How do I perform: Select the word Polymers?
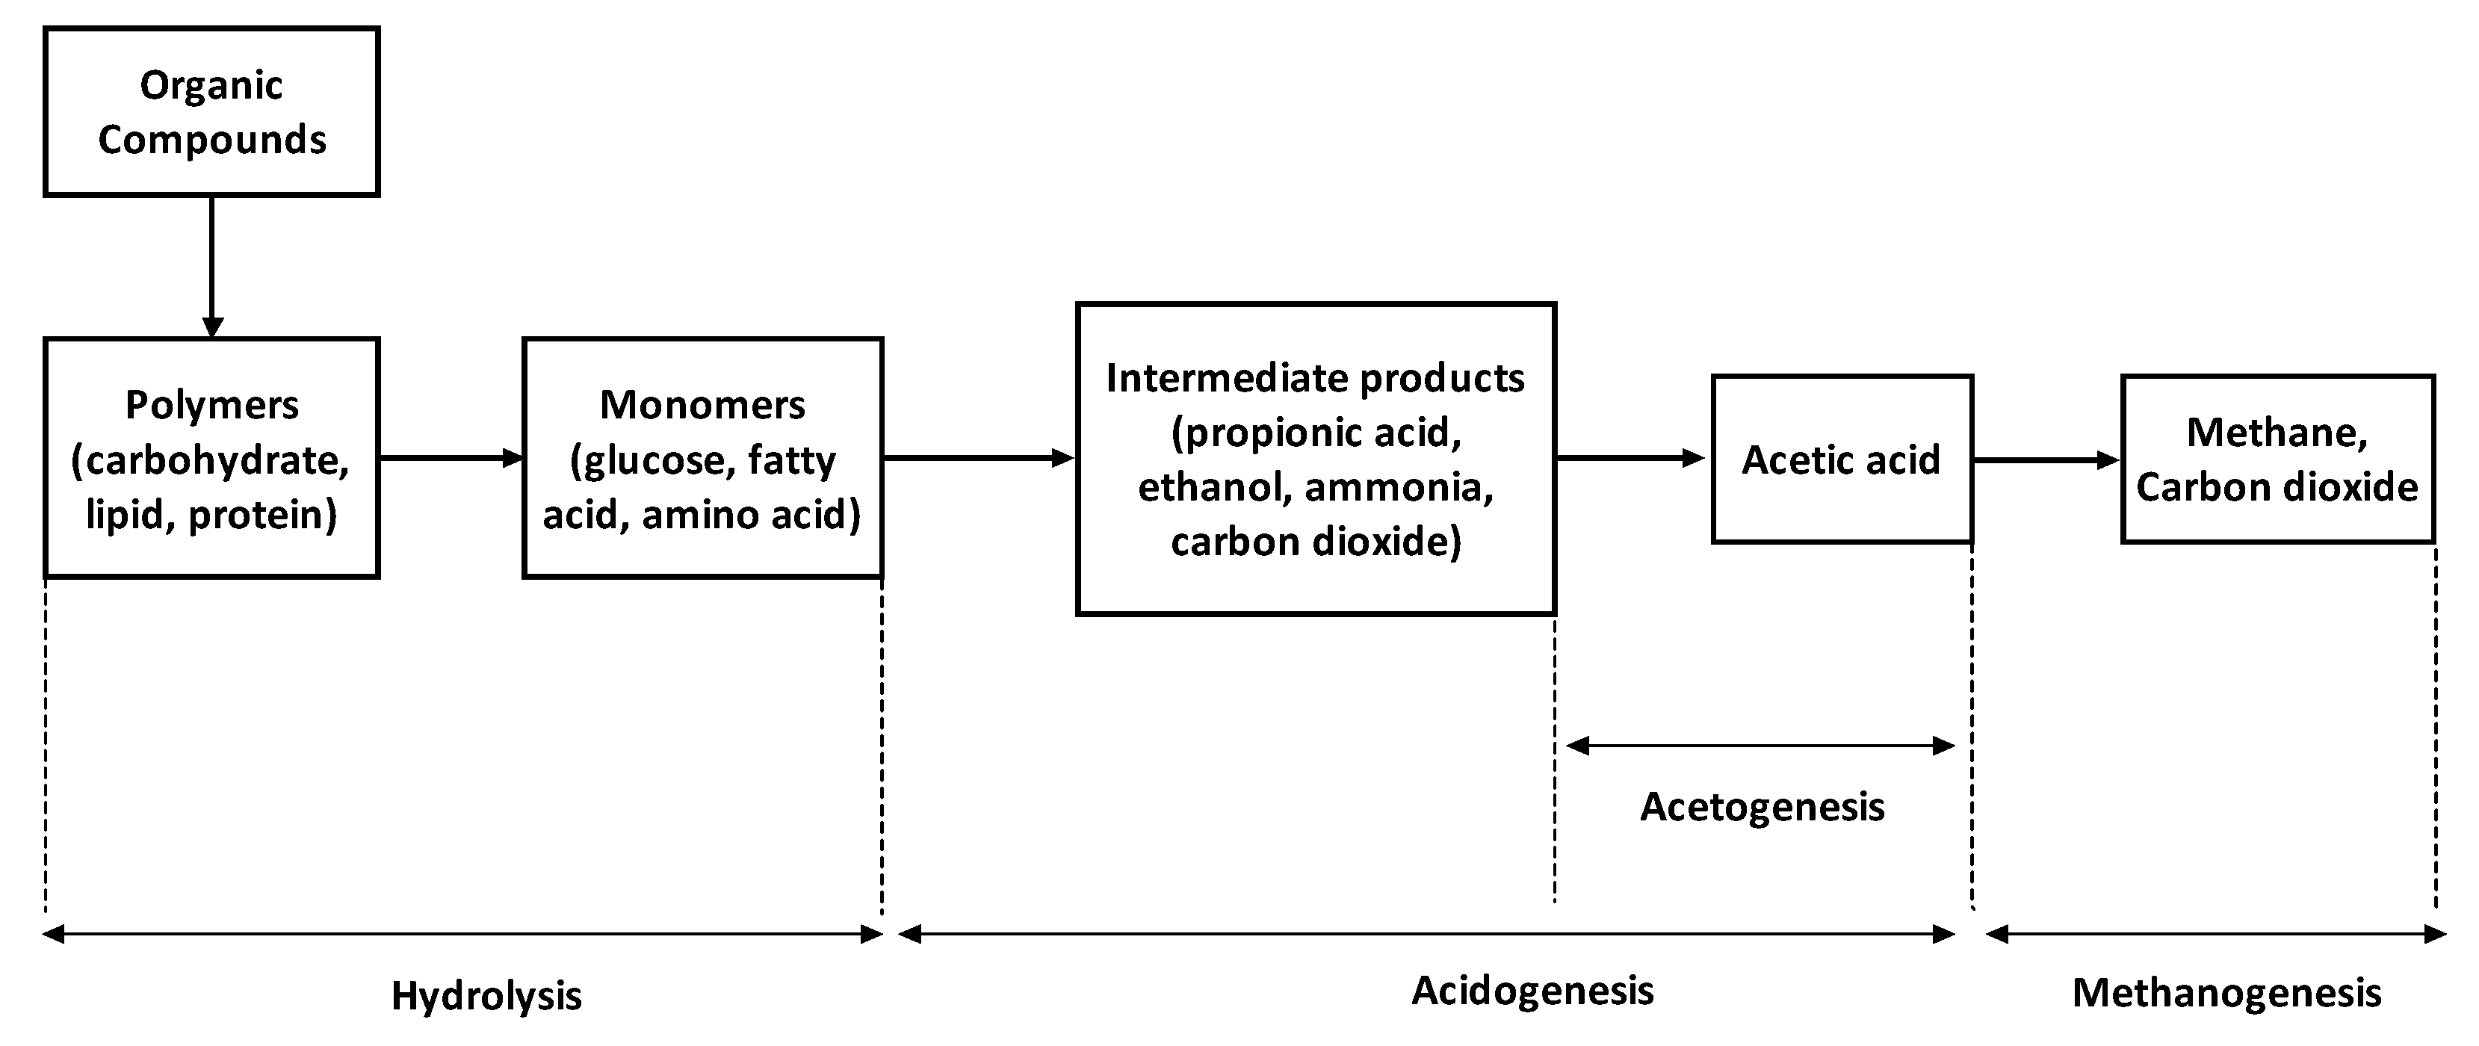(211, 405)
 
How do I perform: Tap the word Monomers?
(702, 405)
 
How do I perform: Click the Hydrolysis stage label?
(486, 996)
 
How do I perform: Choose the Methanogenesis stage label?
(2226, 993)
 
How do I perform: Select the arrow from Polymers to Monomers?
(451, 458)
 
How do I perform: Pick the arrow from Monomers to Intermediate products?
(977, 458)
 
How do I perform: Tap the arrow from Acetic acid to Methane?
(2045, 460)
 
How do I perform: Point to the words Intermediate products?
(1314, 378)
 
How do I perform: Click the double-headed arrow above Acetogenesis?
(1761, 745)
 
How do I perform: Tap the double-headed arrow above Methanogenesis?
(2215, 933)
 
